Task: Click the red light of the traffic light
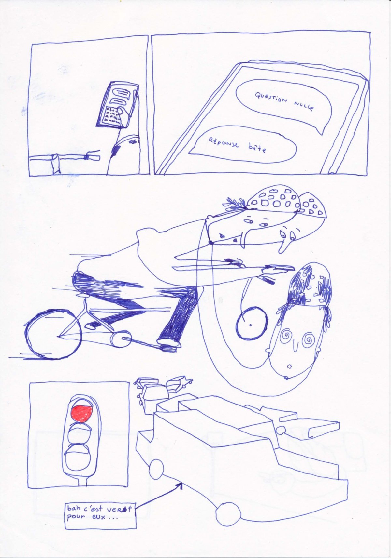click(x=81, y=413)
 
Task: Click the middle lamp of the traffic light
click(x=78, y=434)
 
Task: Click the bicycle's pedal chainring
click(x=118, y=339)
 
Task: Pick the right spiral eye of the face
click(x=308, y=340)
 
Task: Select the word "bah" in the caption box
click(x=75, y=508)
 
